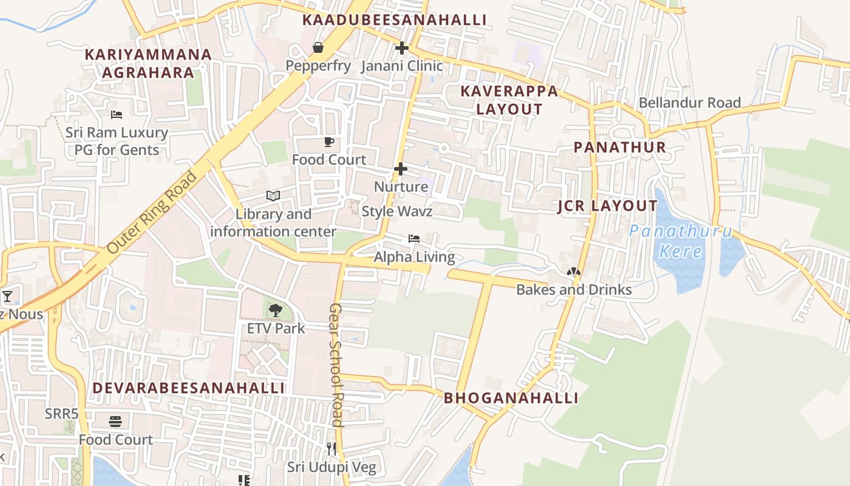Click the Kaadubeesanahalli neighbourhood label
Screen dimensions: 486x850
pos(394,20)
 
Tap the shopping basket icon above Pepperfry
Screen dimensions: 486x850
pos(318,47)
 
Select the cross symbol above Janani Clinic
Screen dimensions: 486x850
pos(401,47)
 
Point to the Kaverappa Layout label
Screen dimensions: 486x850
pos(509,100)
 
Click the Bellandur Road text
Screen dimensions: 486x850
pos(689,103)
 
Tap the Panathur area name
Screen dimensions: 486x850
pos(619,147)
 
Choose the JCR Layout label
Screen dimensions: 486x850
pos(607,206)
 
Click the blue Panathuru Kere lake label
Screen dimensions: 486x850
pos(681,241)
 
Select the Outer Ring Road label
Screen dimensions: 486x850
pos(151,213)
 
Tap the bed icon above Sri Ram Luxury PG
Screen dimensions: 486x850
pos(117,114)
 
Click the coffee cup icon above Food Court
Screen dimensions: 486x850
pos(328,142)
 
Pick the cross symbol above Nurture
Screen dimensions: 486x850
pos(400,168)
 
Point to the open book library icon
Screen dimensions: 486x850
pos(273,196)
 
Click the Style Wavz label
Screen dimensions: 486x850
pos(396,211)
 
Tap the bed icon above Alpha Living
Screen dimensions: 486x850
pos(414,239)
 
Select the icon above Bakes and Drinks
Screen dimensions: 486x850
pos(573,272)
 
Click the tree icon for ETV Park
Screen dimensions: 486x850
pos(276,310)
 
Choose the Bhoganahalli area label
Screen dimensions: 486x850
pos(511,398)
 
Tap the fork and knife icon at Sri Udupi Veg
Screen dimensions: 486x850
pos(331,449)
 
